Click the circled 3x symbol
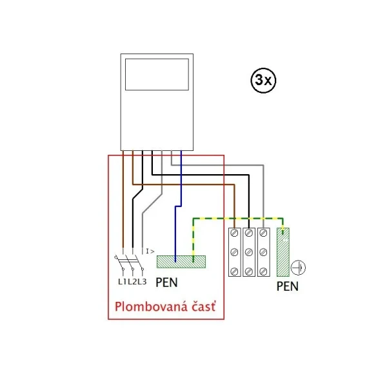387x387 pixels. (x=263, y=80)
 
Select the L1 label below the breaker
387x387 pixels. (x=123, y=281)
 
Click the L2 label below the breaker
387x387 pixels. (x=132, y=281)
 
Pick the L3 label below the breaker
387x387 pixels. (x=142, y=281)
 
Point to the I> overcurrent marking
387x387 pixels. (x=150, y=252)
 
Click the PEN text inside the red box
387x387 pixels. (x=166, y=283)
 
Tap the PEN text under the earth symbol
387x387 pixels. (x=287, y=286)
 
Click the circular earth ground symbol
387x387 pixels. (x=298, y=268)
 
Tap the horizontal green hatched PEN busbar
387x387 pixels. (x=181, y=262)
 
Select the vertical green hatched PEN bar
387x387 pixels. (x=283, y=252)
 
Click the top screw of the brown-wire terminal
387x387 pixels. (x=235, y=233)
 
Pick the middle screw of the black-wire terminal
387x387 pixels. (x=249, y=252)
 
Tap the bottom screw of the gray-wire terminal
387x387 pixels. (x=264, y=272)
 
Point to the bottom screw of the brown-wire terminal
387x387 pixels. (x=235, y=272)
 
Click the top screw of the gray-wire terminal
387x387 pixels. (x=264, y=233)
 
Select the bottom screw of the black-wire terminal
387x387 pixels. (x=249, y=272)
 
